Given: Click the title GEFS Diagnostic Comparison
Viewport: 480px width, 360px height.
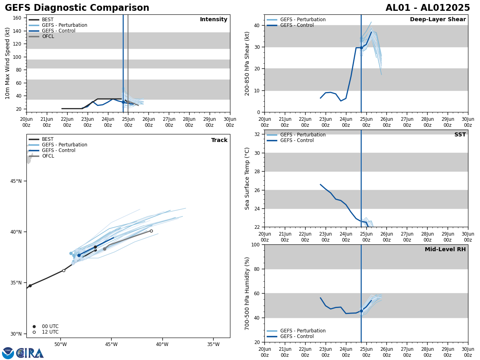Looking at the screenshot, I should pyautogui.click(x=77, y=8).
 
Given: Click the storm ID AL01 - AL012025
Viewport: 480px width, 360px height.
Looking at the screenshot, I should pyautogui.click(x=428, y=8).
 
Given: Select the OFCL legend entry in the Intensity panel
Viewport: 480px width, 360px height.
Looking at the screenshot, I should pyautogui.click(x=48, y=36).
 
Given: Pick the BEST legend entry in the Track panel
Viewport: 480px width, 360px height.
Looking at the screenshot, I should pyautogui.click(x=48, y=139).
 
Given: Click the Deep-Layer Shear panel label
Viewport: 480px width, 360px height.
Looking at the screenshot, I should pyautogui.click(x=438, y=20).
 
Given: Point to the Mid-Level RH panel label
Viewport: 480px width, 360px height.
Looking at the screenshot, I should pyautogui.click(x=445, y=250).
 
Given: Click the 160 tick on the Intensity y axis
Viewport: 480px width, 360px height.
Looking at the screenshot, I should pyautogui.click(x=17, y=18).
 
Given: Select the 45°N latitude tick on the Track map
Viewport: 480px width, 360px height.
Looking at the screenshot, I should pyautogui.click(x=16, y=181).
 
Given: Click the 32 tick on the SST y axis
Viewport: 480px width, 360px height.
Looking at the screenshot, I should pyautogui.click(x=258, y=134).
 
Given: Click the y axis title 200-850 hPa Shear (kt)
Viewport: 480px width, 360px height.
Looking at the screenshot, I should pyautogui.click(x=248, y=63).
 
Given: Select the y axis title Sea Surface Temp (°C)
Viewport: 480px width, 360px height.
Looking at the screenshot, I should pyautogui.click(x=248, y=178).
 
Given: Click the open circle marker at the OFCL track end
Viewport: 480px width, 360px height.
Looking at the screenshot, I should pyautogui.click(x=151, y=231).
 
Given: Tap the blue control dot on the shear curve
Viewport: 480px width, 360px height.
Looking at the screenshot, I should pyautogui.click(x=361, y=48).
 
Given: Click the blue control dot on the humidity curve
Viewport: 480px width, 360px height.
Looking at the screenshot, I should pyautogui.click(x=361, y=311).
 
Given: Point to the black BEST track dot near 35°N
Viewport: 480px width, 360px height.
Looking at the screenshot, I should pyautogui.click(x=30, y=286).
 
